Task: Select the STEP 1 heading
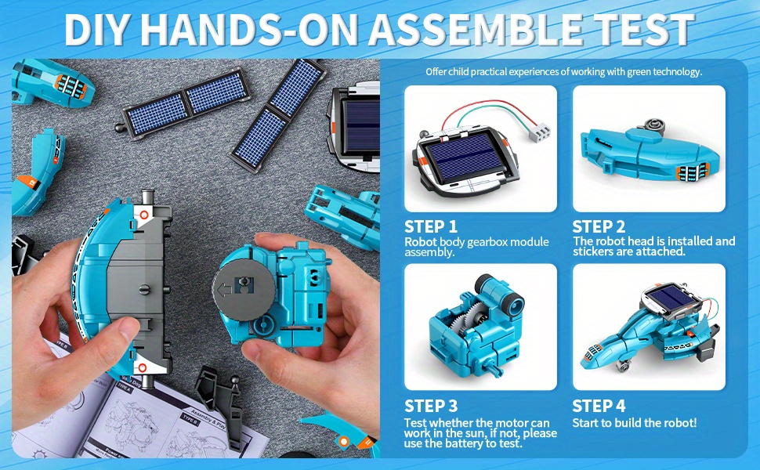click(x=431, y=226)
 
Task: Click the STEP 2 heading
click(x=599, y=226)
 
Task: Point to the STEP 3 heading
click(x=431, y=406)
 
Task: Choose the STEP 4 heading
click(x=599, y=406)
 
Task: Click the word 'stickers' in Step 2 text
click(x=596, y=252)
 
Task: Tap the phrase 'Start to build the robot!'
click(x=635, y=423)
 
